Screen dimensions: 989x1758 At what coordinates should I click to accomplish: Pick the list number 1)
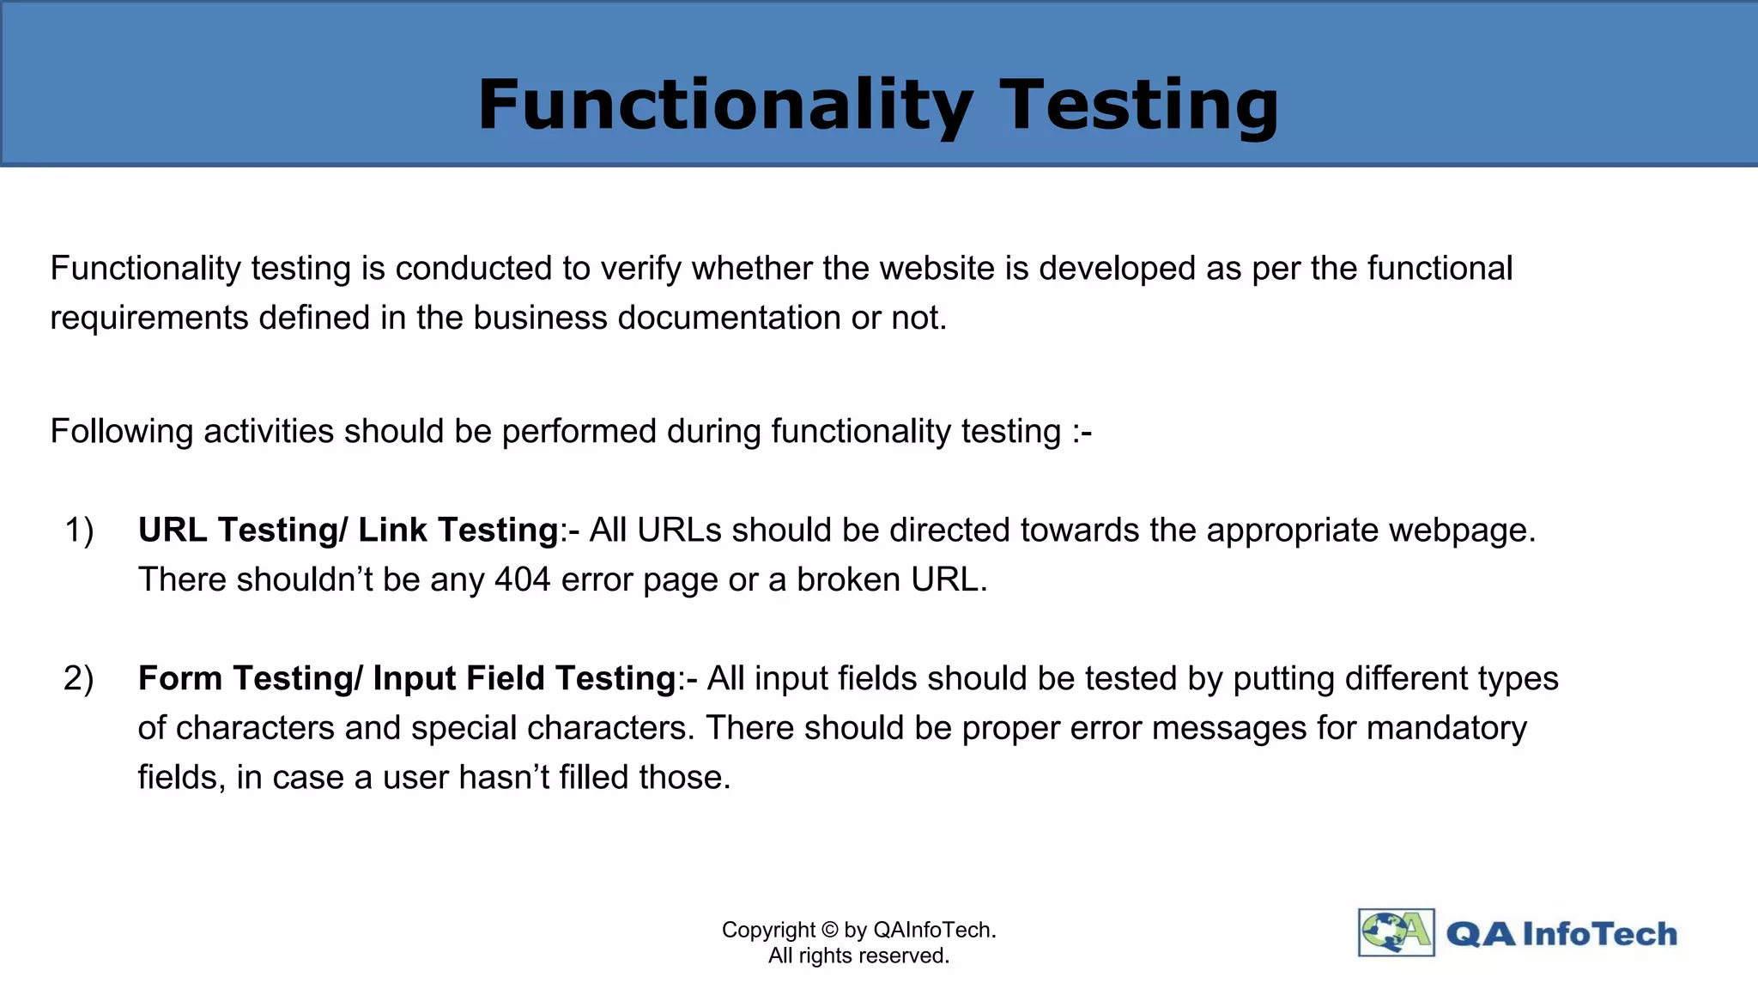point(79,530)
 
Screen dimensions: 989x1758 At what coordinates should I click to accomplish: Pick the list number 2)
point(79,678)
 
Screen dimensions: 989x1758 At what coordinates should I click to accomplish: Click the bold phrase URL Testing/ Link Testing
point(348,530)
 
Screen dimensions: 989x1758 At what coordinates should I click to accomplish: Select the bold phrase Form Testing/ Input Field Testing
point(407,678)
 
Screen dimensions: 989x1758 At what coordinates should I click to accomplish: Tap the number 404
point(523,579)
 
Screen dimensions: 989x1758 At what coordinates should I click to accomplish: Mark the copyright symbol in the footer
point(829,930)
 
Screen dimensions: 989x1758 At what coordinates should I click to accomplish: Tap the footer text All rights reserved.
point(858,956)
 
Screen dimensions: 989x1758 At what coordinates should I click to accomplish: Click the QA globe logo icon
point(1396,932)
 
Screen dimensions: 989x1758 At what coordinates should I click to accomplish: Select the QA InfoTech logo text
point(1561,934)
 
